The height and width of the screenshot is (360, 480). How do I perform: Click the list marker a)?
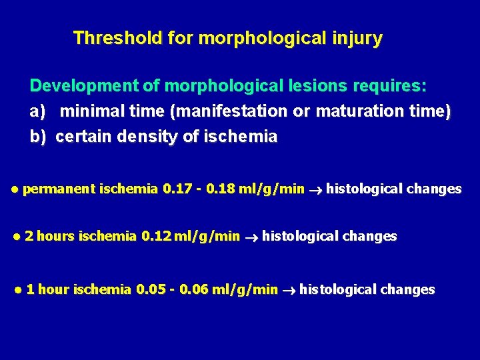point(37,112)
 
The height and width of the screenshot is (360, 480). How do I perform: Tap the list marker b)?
point(37,137)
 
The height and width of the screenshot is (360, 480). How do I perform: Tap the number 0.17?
point(175,189)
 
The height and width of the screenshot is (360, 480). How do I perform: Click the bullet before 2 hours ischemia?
point(17,237)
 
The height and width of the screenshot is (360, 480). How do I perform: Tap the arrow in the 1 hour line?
point(289,290)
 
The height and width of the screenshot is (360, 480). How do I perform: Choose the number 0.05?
point(150,290)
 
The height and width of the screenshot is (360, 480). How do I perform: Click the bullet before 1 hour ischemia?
point(18,290)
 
